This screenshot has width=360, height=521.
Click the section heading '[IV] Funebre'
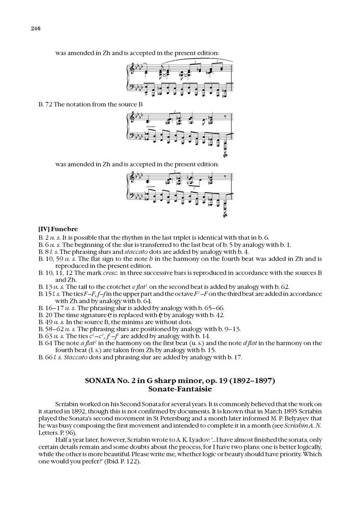(x=57, y=229)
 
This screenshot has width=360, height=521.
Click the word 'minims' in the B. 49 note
(x=134, y=324)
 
